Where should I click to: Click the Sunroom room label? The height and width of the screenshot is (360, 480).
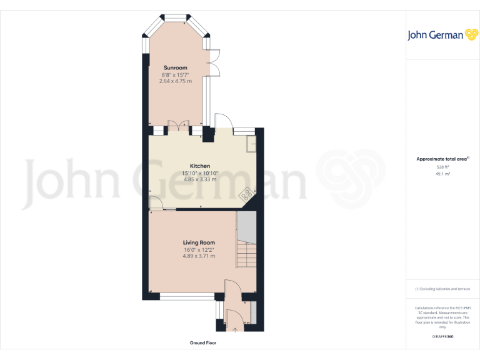(175, 67)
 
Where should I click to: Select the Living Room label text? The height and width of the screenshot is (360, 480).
(199, 242)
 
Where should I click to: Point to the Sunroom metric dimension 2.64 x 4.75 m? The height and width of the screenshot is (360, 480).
(175, 81)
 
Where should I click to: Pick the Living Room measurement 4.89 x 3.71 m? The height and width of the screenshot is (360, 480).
(199, 256)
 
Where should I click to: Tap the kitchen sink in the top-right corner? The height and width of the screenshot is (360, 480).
(251, 144)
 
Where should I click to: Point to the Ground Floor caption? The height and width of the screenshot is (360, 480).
(203, 343)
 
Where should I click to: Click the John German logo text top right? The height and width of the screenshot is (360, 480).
(436, 35)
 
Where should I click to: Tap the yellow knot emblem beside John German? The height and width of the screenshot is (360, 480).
(472, 34)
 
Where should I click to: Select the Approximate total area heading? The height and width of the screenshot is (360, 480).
(442, 159)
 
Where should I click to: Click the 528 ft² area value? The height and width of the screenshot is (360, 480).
(442, 167)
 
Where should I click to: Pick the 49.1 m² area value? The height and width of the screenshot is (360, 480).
(442, 174)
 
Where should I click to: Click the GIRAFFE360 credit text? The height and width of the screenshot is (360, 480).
(442, 337)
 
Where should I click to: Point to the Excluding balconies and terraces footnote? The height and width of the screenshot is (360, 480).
(442, 289)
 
